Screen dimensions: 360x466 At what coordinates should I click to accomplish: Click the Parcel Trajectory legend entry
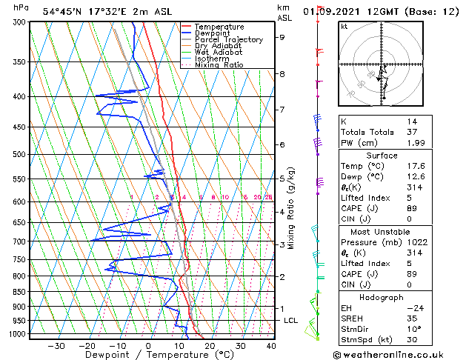pos(225,40)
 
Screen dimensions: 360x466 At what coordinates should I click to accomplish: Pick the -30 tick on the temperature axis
pos(56,346)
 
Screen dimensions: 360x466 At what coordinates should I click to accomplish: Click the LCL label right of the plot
pos(290,320)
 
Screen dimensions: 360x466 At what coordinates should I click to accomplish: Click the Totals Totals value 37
pos(411,132)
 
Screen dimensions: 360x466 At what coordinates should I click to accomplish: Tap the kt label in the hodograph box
pos(344,27)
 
